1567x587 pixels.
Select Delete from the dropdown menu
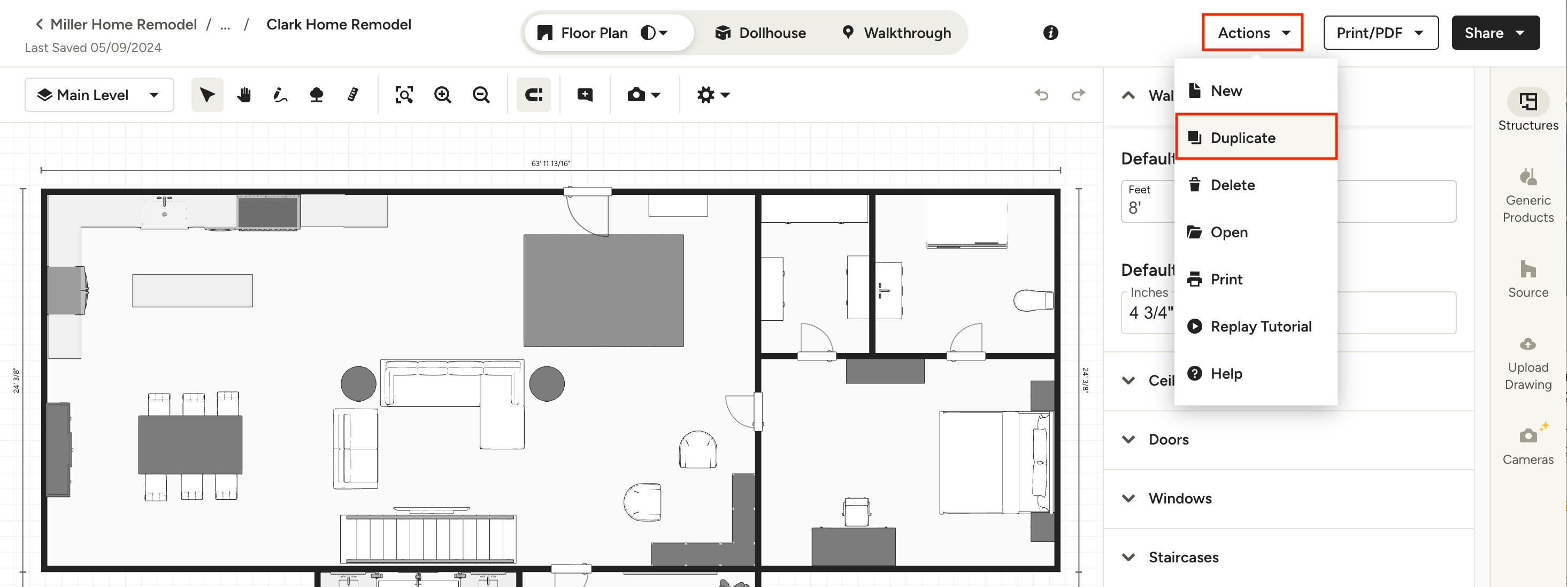pyautogui.click(x=1232, y=185)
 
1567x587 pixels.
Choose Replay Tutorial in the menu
pyautogui.click(x=1260, y=326)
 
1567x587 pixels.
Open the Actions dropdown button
pyautogui.click(x=1252, y=33)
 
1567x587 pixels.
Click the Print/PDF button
pyautogui.click(x=1380, y=33)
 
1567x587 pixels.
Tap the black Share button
pyautogui.click(x=1495, y=33)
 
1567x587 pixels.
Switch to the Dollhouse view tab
pyautogui.click(x=761, y=33)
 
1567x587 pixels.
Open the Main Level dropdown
pyautogui.click(x=99, y=95)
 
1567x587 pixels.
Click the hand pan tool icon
pyautogui.click(x=244, y=95)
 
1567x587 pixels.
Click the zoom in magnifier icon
pyautogui.click(x=442, y=95)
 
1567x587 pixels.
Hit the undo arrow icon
pyautogui.click(x=1041, y=95)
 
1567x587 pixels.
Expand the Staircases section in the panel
pyautogui.click(x=1182, y=557)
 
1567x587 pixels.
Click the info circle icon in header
pyautogui.click(x=1050, y=33)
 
